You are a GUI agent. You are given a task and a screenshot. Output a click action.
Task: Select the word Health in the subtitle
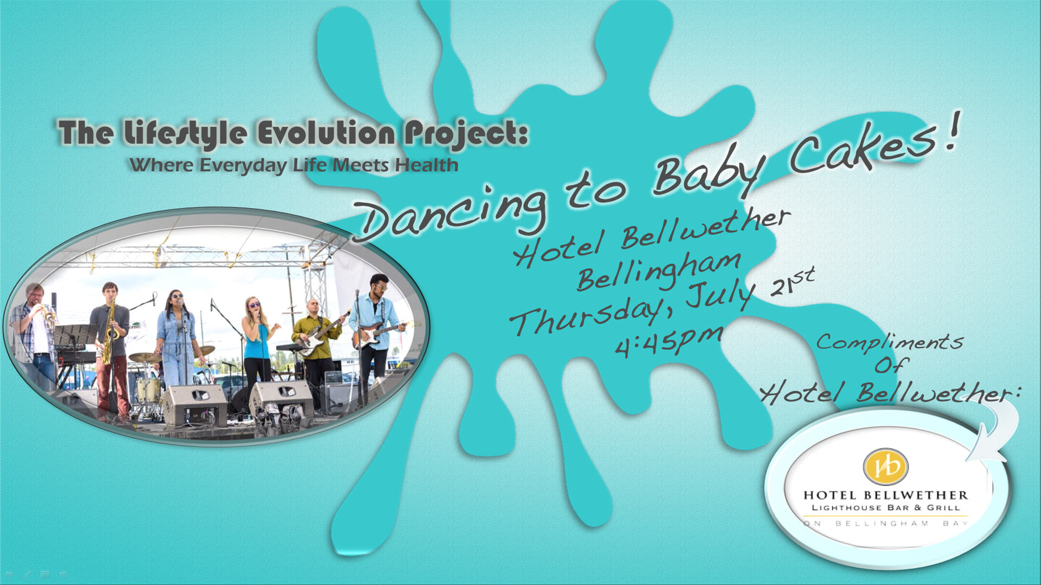point(427,165)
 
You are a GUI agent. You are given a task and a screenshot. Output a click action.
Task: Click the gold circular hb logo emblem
point(885,466)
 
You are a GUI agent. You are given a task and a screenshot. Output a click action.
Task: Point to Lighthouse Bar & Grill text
point(885,508)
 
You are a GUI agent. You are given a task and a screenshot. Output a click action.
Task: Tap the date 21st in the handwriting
point(792,282)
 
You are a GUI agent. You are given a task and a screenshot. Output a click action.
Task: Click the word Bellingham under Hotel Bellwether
point(658,271)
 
